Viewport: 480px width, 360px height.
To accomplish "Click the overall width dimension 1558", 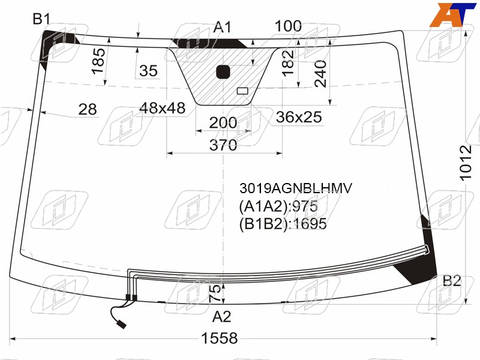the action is click(219, 338).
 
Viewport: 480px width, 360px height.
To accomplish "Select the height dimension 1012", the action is click(466, 163).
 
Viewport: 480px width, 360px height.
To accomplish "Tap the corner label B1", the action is click(41, 19).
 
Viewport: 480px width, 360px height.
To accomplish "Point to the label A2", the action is click(221, 317).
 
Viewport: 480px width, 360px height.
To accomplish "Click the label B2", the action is click(452, 281).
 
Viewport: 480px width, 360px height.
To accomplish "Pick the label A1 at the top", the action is click(223, 27).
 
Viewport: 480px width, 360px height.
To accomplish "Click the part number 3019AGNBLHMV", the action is click(296, 188).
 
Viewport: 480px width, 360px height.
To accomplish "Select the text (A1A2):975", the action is click(278, 206).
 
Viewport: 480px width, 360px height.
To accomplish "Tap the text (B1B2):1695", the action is click(283, 224).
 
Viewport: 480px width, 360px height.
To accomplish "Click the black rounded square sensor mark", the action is click(223, 72).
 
